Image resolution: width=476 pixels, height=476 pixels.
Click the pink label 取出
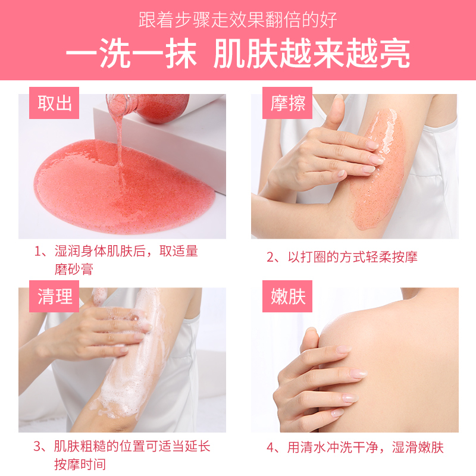[55, 103]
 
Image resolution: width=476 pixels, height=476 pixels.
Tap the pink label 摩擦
[288, 103]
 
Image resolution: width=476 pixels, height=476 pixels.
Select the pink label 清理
[55, 296]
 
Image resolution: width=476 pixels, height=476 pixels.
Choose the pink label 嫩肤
[288, 296]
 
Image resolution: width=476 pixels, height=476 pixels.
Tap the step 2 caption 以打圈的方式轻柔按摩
[342, 257]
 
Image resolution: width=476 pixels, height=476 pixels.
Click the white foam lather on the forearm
[134, 369]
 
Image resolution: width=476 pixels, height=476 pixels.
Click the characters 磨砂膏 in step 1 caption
[74, 269]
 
